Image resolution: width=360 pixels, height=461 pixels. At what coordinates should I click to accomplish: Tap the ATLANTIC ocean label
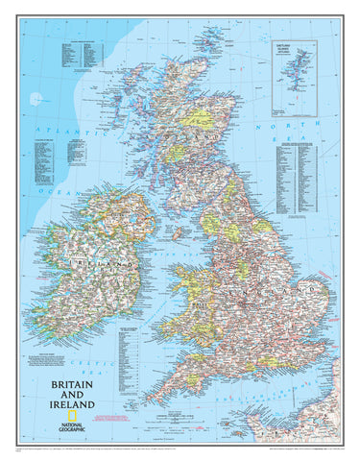click(53, 131)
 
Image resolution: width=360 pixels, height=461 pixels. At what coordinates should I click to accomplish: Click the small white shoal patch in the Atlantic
click(36, 98)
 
